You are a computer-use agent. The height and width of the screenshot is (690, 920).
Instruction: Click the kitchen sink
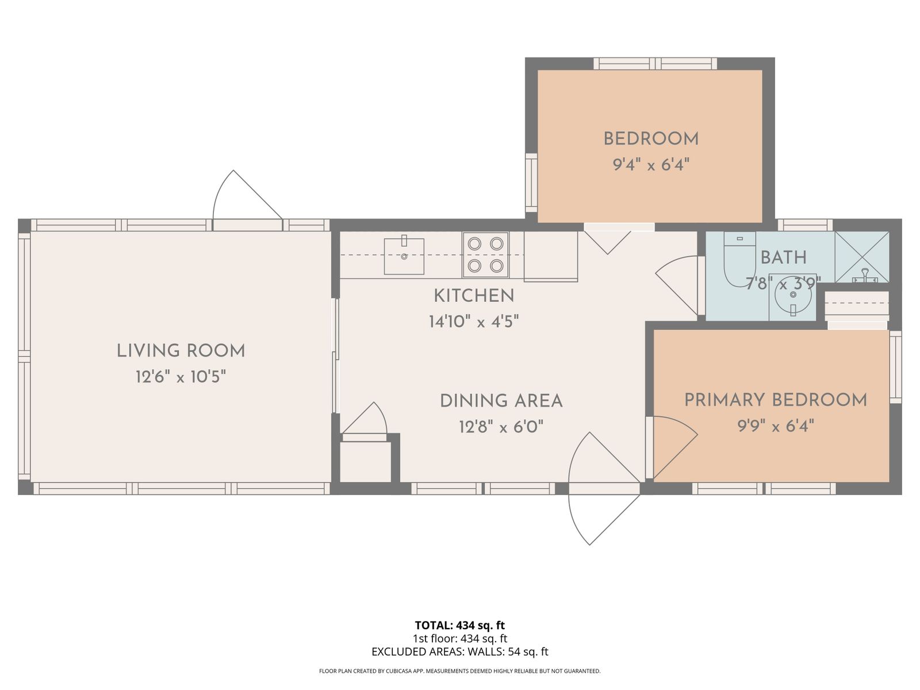[x=404, y=256]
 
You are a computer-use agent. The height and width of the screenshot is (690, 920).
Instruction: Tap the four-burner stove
[x=485, y=255]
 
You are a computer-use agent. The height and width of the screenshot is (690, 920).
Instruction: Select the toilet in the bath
[x=739, y=259]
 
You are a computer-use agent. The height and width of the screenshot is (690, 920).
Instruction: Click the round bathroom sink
[x=792, y=295]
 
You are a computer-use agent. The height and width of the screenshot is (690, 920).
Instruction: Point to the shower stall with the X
[x=862, y=257]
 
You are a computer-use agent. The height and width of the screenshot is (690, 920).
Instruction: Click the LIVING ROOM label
[x=181, y=351]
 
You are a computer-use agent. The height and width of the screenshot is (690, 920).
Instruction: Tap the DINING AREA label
[x=501, y=401]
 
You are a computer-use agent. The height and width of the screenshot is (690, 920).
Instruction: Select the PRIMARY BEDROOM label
[x=776, y=400]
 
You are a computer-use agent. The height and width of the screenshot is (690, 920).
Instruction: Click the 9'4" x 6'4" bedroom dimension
[x=651, y=164]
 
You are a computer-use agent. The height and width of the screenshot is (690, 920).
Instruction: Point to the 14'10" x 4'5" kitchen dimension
[x=474, y=322]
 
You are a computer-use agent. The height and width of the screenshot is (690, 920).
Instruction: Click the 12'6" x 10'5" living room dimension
[x=181, y=377]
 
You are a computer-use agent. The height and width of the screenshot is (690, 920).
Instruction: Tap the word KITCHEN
[x=474, y=296]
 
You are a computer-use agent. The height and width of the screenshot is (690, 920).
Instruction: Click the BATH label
[x=783, y=258]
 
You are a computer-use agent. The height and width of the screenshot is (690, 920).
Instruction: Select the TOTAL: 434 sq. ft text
[x=460, y=626]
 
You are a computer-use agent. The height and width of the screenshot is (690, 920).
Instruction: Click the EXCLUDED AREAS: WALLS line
[x=460, y=652]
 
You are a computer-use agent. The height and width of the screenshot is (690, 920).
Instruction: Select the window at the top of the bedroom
[x=655, y=64]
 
